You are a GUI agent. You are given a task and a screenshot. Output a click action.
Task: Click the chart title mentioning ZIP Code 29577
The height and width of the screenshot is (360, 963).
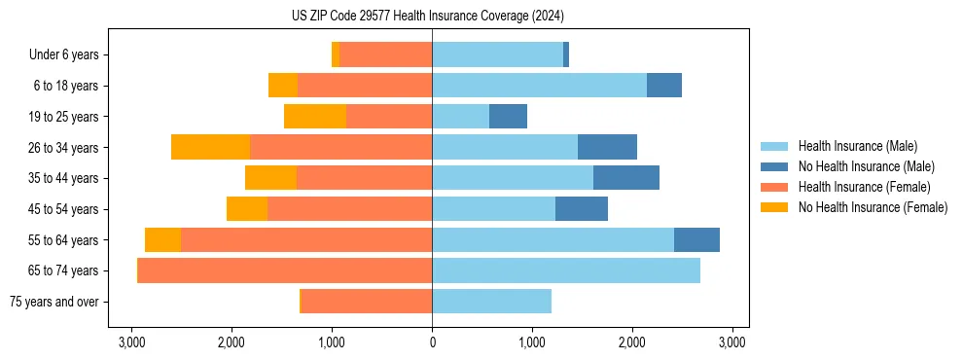tap(428, 17)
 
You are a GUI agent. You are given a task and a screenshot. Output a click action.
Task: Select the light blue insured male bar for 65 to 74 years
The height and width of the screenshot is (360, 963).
tap(566, 270)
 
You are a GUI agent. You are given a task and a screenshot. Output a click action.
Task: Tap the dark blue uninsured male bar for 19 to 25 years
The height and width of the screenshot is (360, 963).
tap(508, 117)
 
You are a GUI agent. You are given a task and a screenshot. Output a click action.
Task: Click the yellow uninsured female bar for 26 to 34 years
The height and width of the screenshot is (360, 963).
tap(210, 147)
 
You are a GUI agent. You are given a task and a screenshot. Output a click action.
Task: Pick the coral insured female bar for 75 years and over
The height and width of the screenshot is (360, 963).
tap(367, 302)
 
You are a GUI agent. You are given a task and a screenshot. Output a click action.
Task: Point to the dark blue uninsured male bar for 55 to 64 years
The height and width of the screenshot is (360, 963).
tap(696, 240)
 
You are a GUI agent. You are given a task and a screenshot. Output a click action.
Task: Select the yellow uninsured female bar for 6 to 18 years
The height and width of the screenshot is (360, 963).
tap(283, 86)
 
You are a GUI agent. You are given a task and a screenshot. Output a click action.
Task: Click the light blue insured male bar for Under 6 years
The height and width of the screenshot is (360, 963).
tap(497, 54)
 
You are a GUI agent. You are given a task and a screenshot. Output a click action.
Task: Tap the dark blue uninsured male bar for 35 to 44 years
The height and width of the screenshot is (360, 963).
tap(626, 178)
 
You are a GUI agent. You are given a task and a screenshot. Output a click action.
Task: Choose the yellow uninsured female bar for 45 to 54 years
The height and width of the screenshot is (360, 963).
tap(247, 209)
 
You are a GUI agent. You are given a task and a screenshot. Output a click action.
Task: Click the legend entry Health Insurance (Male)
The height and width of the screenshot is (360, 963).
tap(857, 146)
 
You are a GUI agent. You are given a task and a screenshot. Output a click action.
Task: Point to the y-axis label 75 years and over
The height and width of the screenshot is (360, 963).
tap(53, 302)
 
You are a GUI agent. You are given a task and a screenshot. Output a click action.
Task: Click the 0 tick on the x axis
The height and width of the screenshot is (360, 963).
tap(432, 342)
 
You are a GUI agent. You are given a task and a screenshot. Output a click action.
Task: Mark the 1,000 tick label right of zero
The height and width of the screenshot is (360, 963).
tap(532, 342)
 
